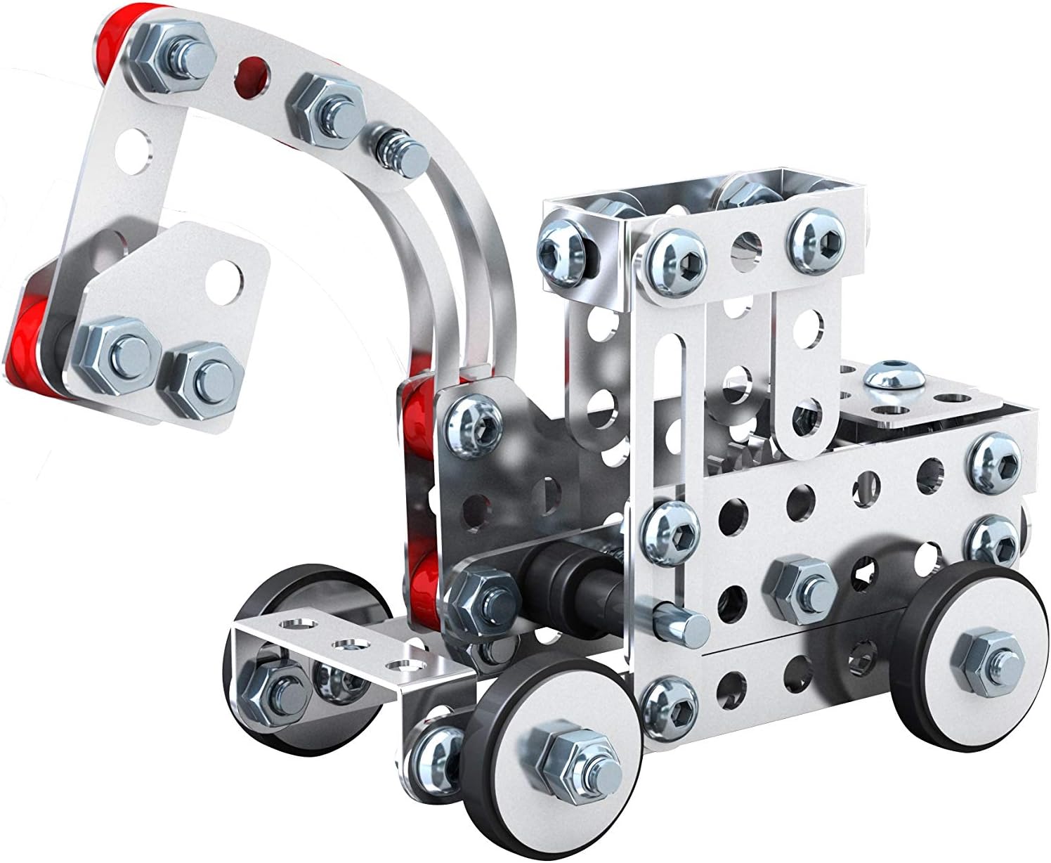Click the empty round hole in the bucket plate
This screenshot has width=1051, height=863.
(x=226, y=270)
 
